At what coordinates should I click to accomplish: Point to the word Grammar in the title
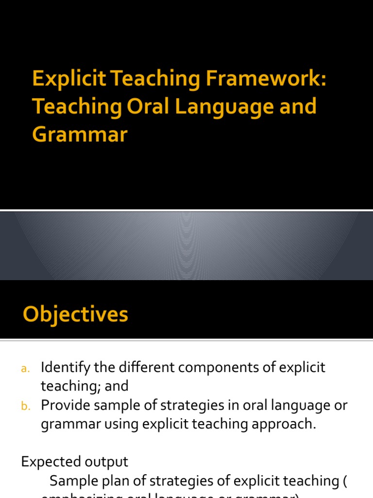(80, 134)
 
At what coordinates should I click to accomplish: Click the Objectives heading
(75, 314)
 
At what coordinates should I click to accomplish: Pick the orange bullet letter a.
(25, 369)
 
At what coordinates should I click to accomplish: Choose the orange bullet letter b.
(25, 406)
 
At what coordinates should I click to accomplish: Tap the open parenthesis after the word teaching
(345, 480)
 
